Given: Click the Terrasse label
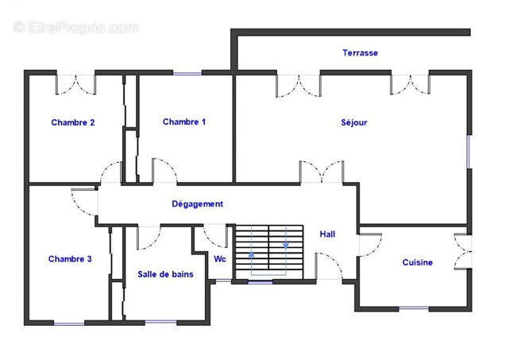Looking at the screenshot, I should tap(360, 53).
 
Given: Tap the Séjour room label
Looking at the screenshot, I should tap(354, 122).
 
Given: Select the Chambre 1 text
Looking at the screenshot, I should tap(184, 122).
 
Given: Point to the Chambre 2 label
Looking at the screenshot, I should tap(73, 122).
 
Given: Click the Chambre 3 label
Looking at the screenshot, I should tap(70, 259).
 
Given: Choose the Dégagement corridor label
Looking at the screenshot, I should tap(198, 204).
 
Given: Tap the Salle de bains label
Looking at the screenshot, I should tap(165, 274).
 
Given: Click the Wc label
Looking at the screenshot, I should tap(220, 259).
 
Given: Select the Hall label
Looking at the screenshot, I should tap(327, 234).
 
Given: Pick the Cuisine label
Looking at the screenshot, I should tap(417, 262).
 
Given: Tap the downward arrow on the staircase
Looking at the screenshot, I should tap(285, 246).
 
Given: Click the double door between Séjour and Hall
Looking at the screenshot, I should tap(322, 170).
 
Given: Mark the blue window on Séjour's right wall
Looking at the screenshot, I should tap(469, 150).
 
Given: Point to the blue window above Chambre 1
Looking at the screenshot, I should tap(187, 74).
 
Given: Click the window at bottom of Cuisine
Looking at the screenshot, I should tap(413, 308).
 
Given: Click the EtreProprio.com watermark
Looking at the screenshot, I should tap(75, 27).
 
